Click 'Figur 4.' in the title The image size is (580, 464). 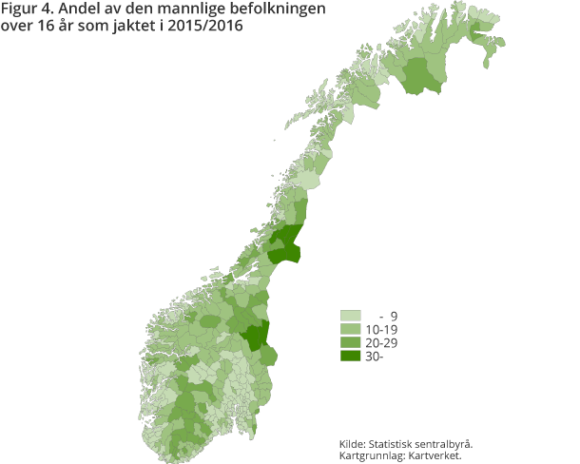[x=29, y=10]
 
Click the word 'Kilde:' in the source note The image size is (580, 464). [x=356, y=444]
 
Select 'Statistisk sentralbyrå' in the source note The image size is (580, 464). [x=424, y=444]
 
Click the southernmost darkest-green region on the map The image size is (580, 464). [x=255, y=338]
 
